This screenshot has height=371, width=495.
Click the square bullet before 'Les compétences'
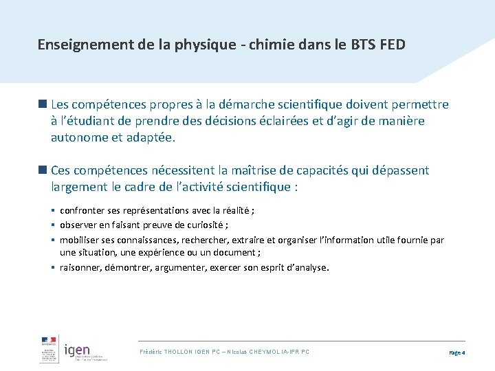(43, 104)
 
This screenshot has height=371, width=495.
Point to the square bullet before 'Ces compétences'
(43, 170)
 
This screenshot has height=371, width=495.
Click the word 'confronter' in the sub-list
(82, 211)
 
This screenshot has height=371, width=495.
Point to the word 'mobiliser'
(80, 240)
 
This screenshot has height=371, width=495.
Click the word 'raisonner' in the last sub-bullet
(80, 267)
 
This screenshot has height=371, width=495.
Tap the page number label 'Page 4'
(457, 352)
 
